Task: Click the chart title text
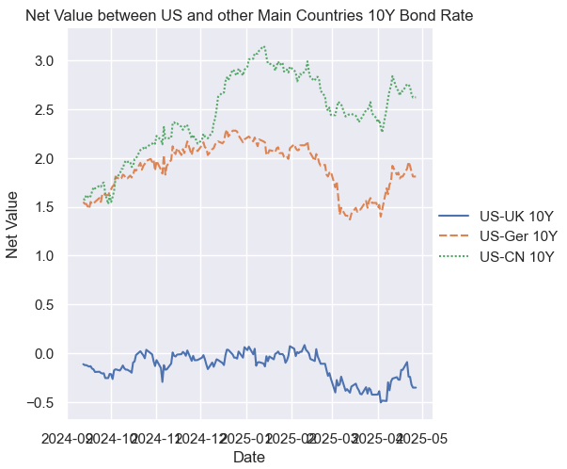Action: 249,16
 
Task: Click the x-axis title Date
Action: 249,457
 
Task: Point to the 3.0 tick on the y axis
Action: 44,61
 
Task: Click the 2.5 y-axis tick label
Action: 44,110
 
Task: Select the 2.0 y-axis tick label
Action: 44,158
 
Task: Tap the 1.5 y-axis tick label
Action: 44,207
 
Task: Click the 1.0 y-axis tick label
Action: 44,256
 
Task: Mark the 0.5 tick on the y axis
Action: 44,305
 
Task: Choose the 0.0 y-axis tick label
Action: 44,354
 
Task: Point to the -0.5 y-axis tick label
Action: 41,402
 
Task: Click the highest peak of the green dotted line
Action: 264,45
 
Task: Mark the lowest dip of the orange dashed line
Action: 350,219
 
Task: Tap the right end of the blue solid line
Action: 416,387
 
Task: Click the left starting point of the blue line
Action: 83,364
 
